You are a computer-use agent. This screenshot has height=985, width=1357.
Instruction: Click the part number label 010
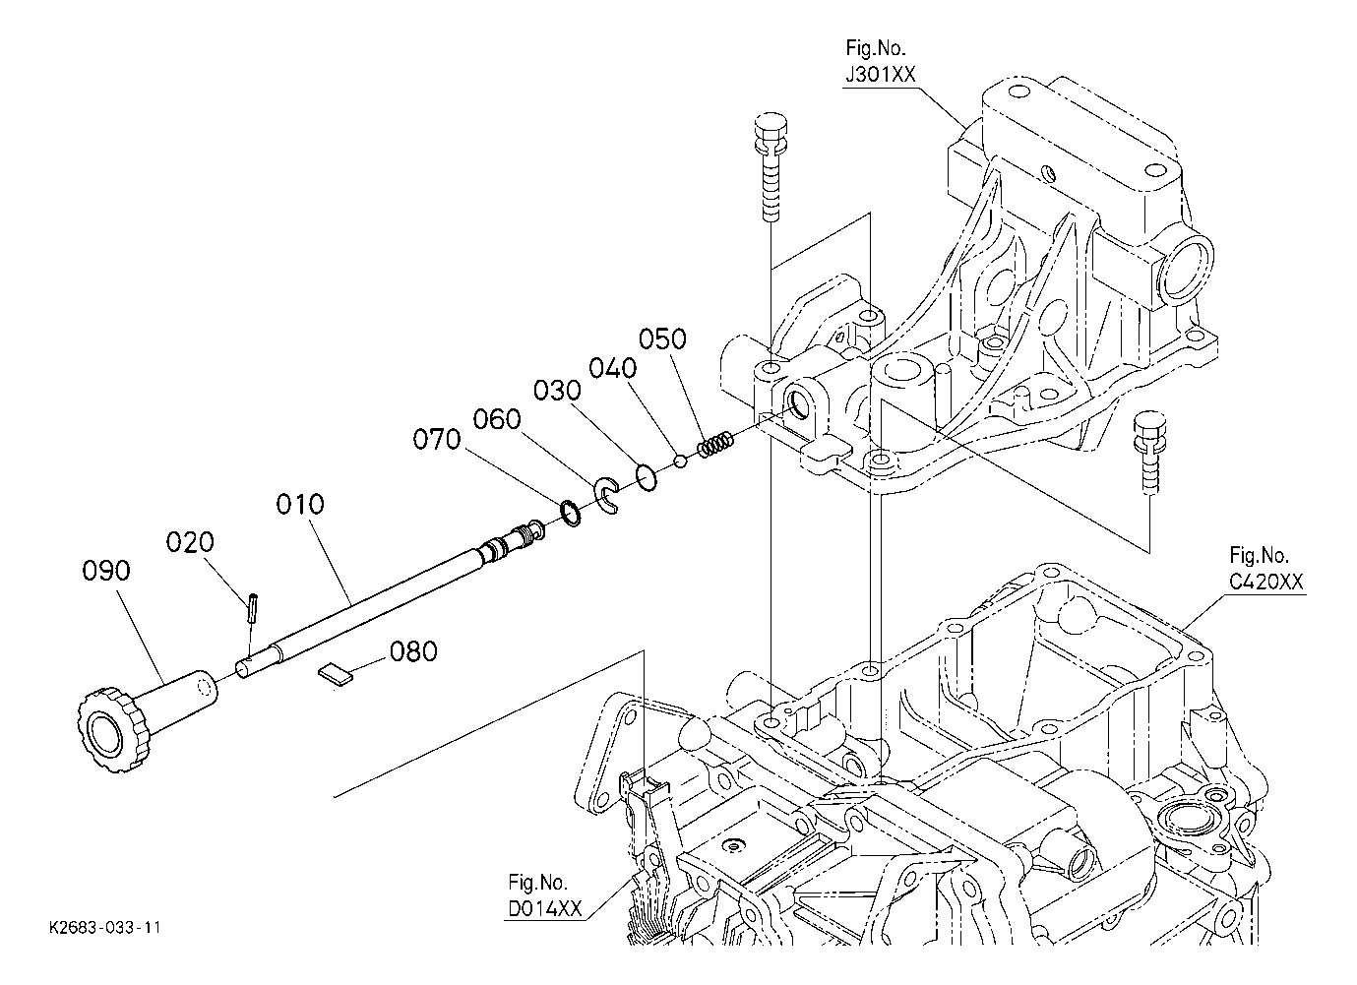pyautogui.click(x=300, y=504)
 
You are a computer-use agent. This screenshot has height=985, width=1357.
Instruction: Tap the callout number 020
pyautogui.click(x=190, y=541)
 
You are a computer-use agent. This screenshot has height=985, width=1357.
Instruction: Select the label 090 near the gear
pyautogui.click(x=106, y=571)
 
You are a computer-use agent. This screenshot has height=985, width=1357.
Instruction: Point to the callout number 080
pyautogui.click(x=413, y=651)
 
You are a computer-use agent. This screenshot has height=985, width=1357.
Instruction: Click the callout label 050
pyautogui.click(x=662, y=339)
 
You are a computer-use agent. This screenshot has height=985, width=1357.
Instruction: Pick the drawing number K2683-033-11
pyautogui.click(x=105, y=928)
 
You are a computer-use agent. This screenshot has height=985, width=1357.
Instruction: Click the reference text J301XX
pyautogui.click(x=881, y=75)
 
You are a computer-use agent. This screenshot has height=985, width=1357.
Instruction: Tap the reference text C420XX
pyautogui.click(x=1265, y=583)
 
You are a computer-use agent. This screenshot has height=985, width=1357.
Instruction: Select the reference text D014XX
pyautogui.click(x=545, y=908)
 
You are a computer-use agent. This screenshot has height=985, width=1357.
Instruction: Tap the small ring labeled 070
pyautogui.click(x=570, y=513)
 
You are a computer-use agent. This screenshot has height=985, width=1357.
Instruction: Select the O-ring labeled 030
pyautogui.click(x=647, y=478)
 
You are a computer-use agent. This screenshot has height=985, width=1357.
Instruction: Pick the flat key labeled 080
pyautogui.click(x=335, y=675)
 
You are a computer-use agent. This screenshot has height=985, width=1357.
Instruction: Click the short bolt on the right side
pyautogui.click(x=1149, y=455)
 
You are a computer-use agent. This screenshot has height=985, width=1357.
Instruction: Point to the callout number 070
pyautogui.click(x=437, y=439)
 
